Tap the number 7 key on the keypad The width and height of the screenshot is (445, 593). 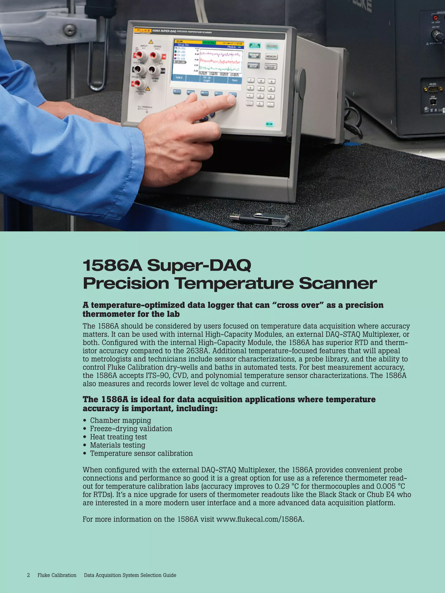click(x=250, y=80)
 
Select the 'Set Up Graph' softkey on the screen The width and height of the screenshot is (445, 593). click(x=207, y=79)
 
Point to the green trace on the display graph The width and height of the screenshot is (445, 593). click(x=220, y=68)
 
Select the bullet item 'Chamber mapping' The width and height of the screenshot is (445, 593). click(x=120, y=420)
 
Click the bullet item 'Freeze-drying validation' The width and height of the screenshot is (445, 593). click(x=131, y=429)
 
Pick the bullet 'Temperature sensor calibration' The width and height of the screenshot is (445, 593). click(x=141, y=453)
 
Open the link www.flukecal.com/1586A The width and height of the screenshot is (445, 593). click(x=260, y=519)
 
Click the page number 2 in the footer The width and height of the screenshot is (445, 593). click(x=28, y=575)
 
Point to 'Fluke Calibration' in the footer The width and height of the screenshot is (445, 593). click(x=57, y=575)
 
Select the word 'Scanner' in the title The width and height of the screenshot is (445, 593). click(x=338, y=284)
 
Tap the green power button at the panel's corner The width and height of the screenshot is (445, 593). click(x=270, y=124)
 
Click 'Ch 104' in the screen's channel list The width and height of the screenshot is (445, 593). click(x=180, y=62)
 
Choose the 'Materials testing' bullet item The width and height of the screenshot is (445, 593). click(x=118, y=445)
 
